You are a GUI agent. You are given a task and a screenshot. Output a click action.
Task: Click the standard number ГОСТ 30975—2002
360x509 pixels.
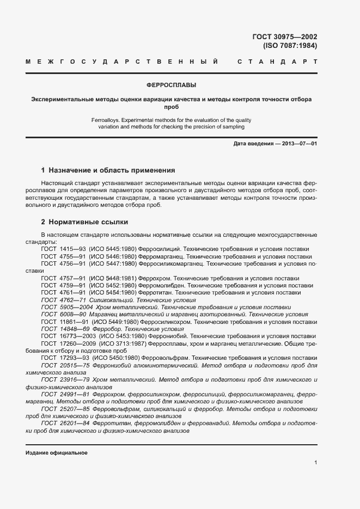click(x=285, y=37)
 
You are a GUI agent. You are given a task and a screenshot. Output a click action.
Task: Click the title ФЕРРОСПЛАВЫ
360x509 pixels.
click(x=172, y=85)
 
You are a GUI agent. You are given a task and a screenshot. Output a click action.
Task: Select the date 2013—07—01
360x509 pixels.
click(x=297, y=143)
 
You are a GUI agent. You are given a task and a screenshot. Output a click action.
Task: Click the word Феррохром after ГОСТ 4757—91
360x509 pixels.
click(x=154, y=278)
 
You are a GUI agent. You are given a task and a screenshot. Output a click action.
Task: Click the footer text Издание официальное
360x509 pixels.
click(x=56, y=453)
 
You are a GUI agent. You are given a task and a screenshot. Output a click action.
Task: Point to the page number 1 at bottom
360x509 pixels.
click(x=315, y=463)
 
